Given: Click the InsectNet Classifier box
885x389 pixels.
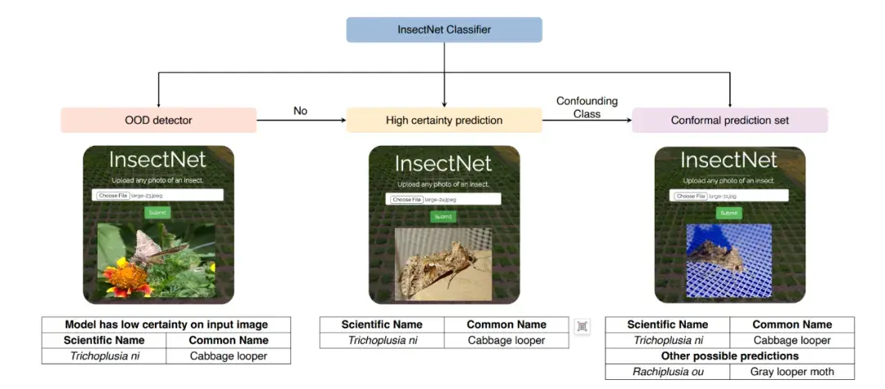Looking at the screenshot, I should [443, 29].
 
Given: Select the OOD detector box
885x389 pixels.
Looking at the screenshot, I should [158, 120].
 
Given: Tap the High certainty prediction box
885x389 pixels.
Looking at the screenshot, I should [443, 120].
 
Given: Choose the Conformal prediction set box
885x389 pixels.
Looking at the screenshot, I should [729, 120].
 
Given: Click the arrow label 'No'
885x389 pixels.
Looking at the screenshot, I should [301, 111].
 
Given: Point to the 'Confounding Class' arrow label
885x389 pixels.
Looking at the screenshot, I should [587, 107].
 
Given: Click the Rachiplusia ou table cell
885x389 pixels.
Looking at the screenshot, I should [667, 372].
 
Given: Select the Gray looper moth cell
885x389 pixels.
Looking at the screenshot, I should [792, 372].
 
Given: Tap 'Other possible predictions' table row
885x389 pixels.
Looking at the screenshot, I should [729, 356].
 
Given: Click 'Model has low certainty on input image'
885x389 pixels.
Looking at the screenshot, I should [166, 324].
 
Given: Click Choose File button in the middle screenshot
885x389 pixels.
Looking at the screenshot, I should [406, 200].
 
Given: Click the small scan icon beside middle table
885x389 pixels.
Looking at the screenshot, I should [583, 327].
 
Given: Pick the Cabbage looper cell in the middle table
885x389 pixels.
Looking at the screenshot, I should [506, 341].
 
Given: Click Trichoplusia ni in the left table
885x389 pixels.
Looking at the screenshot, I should [104, 356].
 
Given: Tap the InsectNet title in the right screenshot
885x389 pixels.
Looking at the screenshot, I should [729, 159].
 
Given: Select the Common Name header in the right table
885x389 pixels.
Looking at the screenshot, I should [792, 324].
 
